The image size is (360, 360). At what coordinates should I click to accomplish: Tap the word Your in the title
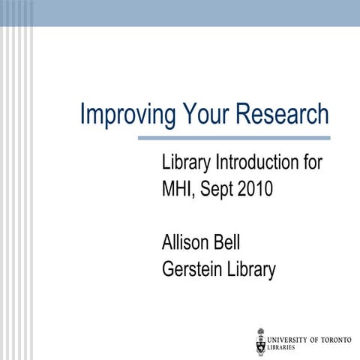(x=205, y=114)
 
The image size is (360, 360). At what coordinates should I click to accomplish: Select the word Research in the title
(x=283, y=114)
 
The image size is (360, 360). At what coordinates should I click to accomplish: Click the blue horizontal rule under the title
(x=234, y=138)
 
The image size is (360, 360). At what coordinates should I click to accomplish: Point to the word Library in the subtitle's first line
(x=187, y=163)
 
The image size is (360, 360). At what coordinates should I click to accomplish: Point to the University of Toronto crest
(x=261, y=340)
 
